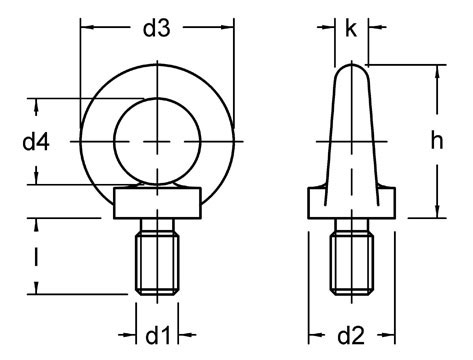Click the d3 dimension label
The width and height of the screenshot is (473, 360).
pos(155,29)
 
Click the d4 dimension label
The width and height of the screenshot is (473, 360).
pos(36,143)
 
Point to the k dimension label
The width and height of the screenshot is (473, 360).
pos(351,29)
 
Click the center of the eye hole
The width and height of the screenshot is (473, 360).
pos(155,143)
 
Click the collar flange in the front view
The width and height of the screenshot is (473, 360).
pos(155,204)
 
